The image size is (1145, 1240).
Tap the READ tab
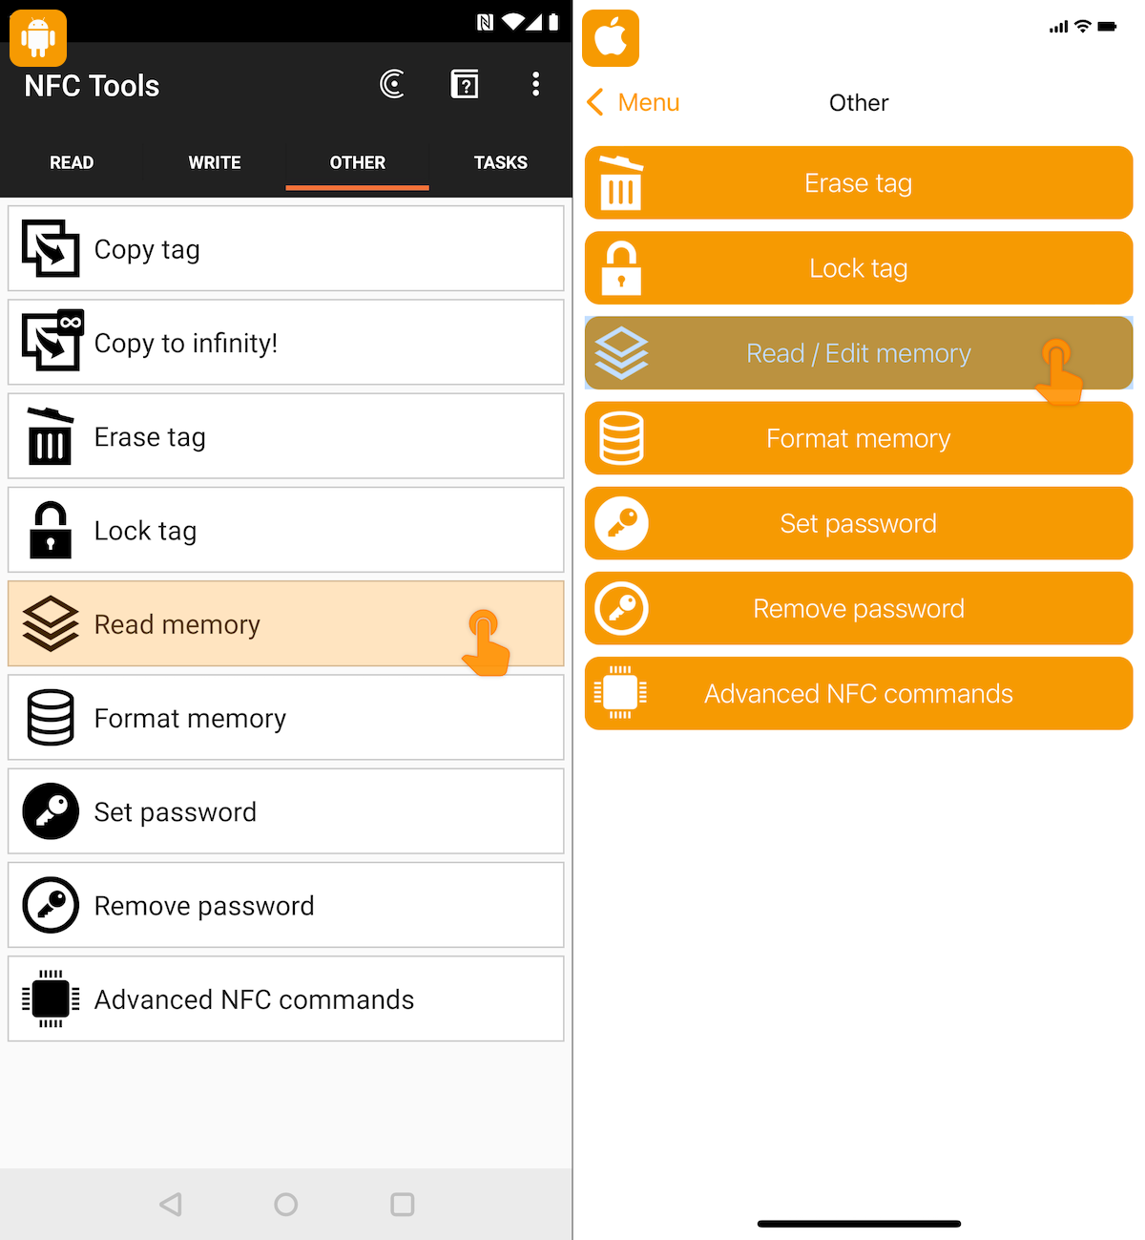(72, 162)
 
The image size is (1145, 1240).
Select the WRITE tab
(214, 162)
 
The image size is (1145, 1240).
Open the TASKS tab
(500, 162)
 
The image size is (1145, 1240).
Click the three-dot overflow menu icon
(535, 84)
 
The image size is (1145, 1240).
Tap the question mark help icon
(465, 84)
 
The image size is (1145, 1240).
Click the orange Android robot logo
(38, 38)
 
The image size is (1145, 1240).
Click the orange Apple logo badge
(610, 38)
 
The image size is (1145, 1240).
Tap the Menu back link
(633, 102)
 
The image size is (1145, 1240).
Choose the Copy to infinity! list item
(286, 342)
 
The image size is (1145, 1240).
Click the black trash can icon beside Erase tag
(50, 436)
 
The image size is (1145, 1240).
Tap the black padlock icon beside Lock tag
(50, 530)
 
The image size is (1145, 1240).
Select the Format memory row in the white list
(286, 718)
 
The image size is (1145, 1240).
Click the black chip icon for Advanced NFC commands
(51, 998)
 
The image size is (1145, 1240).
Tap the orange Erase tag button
(859, 183)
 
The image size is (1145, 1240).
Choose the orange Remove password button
(859, 608)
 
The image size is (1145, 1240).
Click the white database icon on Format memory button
(621, 438)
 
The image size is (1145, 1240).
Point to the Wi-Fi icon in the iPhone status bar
(1083, 26)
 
